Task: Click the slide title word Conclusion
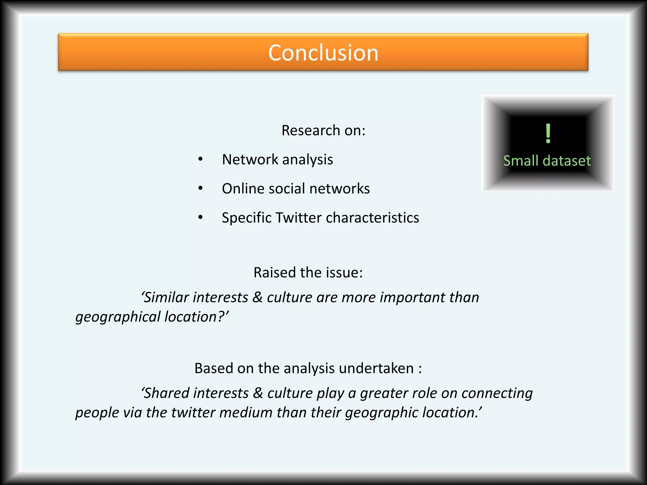point(323,53)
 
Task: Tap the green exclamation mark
point(548,134)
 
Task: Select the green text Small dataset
point(547,161)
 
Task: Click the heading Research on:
point(323,130)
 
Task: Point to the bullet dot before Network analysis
point(200,159)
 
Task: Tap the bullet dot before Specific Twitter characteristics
point(200,218)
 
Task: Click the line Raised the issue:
point(308,272)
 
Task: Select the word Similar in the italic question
point(166,297)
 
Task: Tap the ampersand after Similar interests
point(257,297)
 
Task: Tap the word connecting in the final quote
point(497,393)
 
